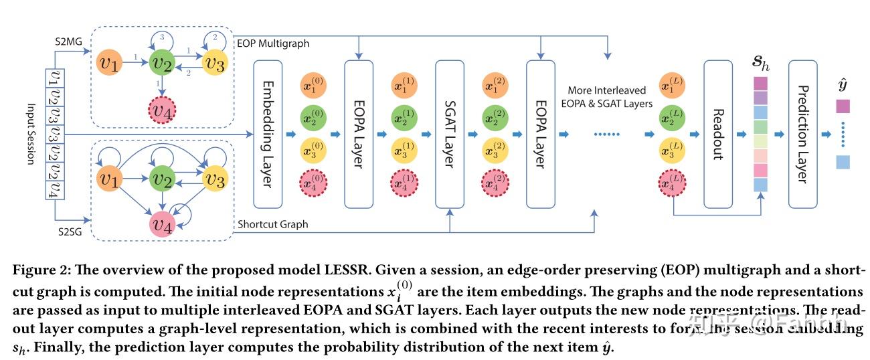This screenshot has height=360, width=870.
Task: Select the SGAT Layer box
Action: [450, 133]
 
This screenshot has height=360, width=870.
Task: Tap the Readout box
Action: [718, 133]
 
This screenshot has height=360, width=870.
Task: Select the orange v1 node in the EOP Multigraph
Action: [110, 64]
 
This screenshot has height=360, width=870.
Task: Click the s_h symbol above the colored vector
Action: [761, 63]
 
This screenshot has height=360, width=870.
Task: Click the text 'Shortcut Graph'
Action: [272, 224]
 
